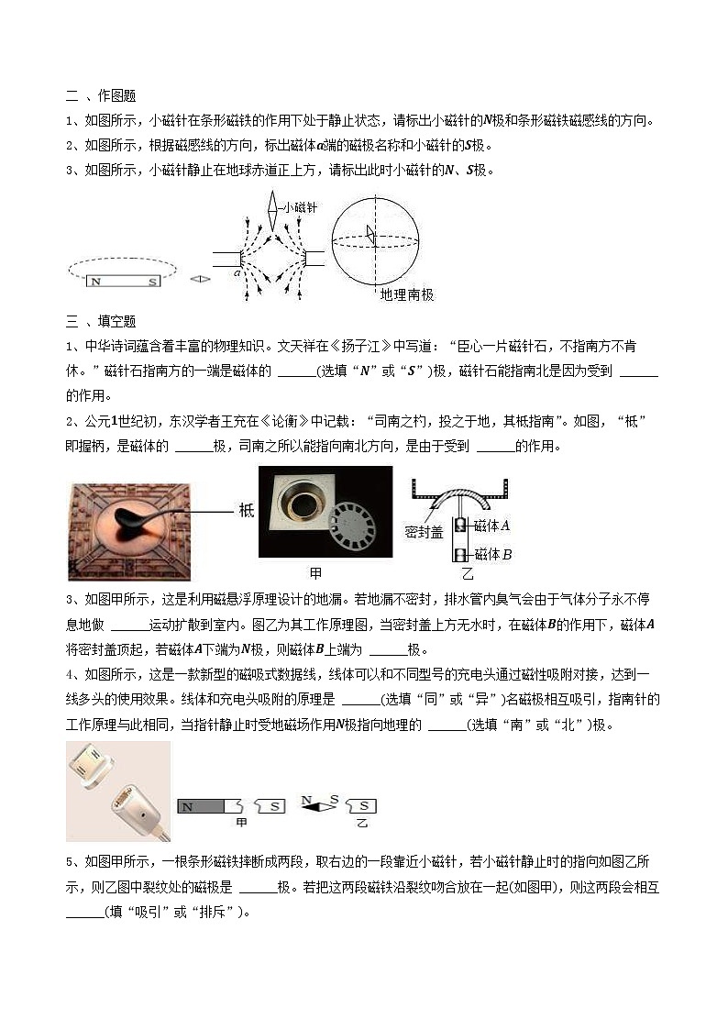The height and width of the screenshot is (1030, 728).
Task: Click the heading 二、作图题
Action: click(101, 95)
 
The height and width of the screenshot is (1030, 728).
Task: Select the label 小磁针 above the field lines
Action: click(298, 208)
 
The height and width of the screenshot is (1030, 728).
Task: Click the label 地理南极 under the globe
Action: click(407, 295)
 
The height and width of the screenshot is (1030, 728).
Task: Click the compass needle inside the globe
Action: click(370, 235)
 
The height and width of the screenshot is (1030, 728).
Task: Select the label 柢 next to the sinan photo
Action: click(247, 510)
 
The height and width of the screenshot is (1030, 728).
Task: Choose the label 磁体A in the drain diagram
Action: click(492, 526)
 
